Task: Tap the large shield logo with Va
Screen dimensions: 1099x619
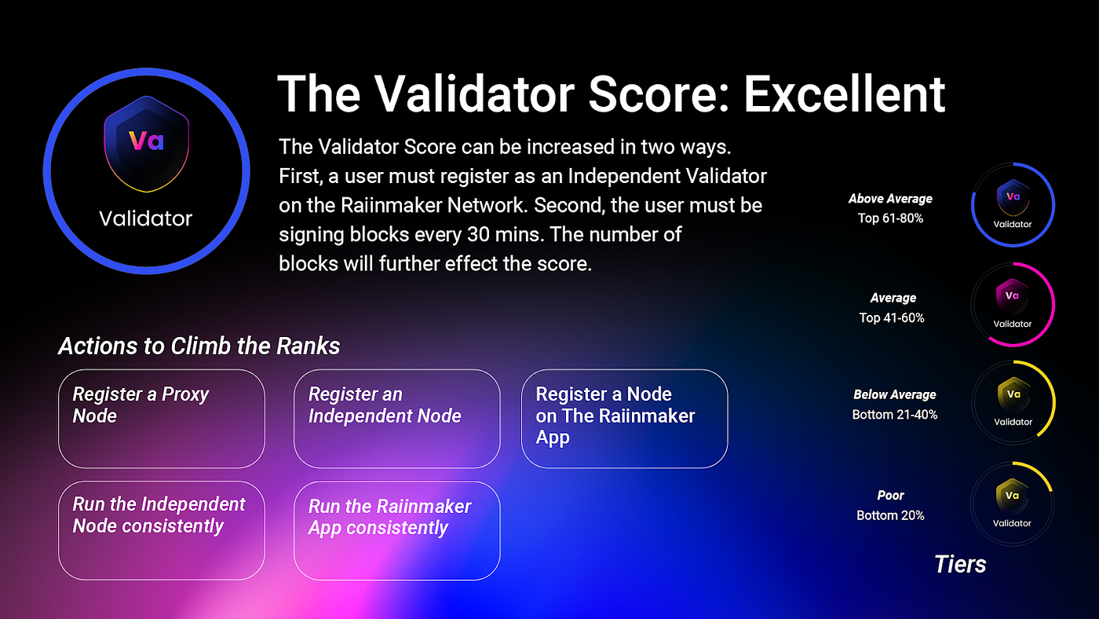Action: click(146, 143)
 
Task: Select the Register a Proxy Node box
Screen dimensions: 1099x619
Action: click(162, 419)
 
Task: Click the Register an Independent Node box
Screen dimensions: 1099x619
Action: click(396, 419)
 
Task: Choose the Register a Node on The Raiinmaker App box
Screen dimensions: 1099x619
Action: click(624, 419)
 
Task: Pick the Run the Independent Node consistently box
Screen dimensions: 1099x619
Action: click(162, 531)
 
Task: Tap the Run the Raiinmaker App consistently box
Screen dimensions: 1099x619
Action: click(396, 531)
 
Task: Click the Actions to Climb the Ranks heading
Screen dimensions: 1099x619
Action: click(199, 346)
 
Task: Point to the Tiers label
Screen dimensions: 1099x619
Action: click(959, 564)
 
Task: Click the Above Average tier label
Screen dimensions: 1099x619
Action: click(890, 198)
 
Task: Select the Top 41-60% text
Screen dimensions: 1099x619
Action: click(892, 317)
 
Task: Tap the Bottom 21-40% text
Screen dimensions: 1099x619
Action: click(894, 415)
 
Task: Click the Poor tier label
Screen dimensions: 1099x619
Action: click(890, 496)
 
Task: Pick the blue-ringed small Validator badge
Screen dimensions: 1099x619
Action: click(1013, 205)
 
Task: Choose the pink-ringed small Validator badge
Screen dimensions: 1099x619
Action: click(1013, 304)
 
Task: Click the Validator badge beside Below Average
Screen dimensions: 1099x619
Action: click(1013, 402)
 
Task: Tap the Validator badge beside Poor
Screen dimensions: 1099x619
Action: click(1012, 504)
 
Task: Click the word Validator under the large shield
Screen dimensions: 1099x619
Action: click(146, 218)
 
